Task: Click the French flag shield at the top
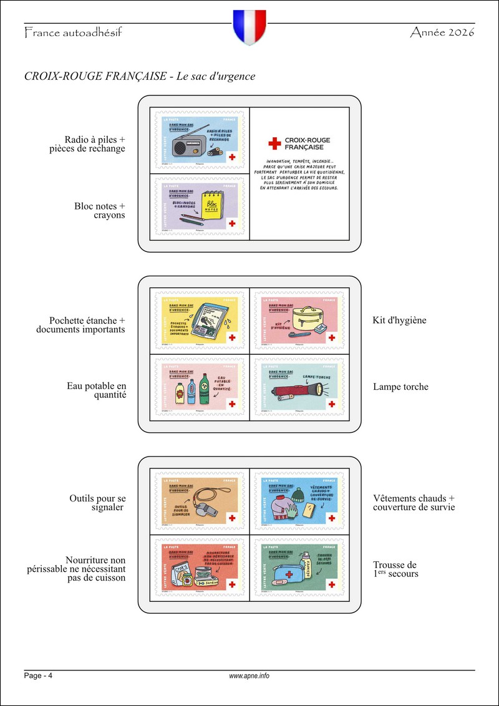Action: coord(249,26)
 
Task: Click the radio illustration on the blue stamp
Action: coord(186,145)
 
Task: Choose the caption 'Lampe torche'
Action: coord(400,387)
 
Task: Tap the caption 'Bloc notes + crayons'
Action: coord(100,211)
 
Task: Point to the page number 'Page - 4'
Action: coord(38,676)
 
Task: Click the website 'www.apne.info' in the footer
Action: coord(249,676)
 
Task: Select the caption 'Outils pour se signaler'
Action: coord(98,503)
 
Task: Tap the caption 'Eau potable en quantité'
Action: coord(96,390)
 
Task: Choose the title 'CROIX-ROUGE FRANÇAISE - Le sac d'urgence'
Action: coord(140,76)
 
